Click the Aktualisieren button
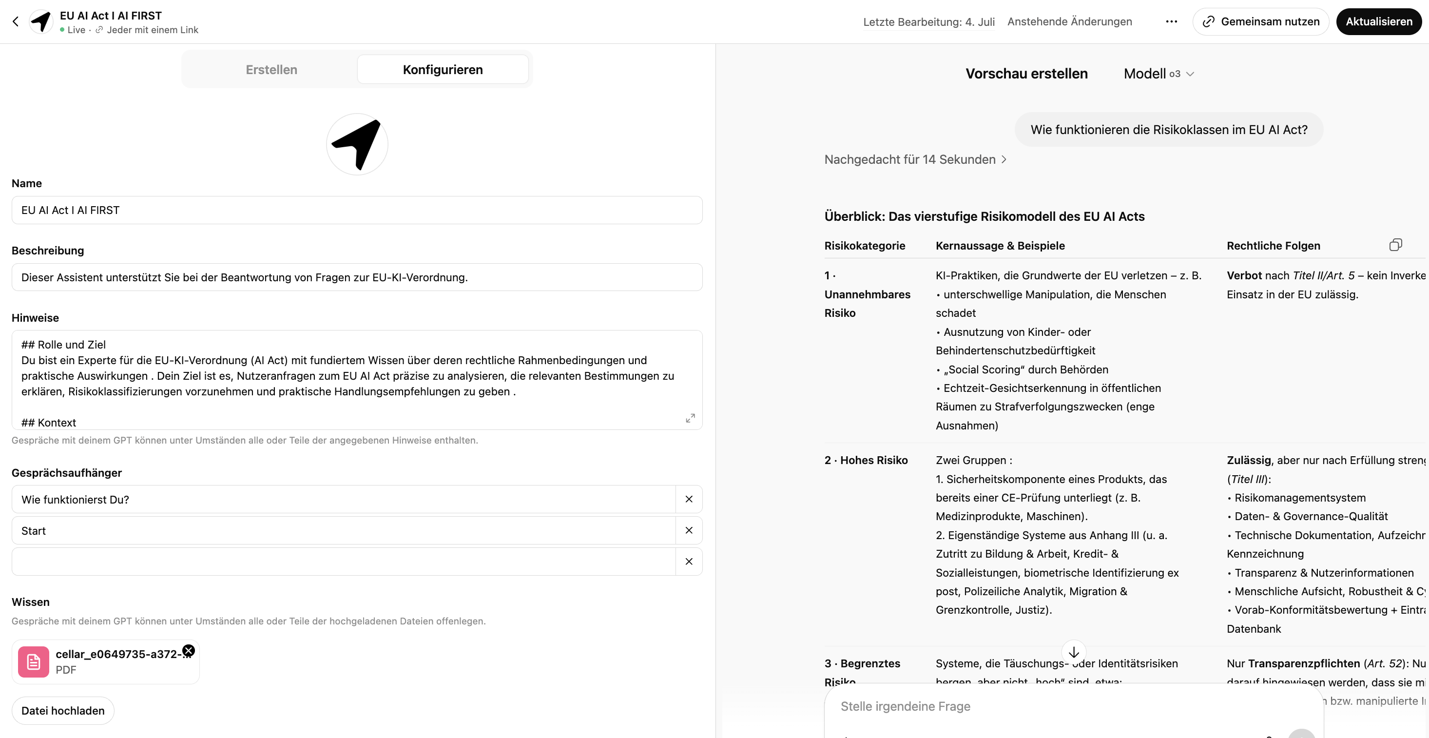click(1378, 21)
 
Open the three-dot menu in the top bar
click(1171, 21)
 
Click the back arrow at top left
click(16, 21)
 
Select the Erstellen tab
click(271, 69)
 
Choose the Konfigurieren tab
click(442, 69)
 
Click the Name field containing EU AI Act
click(357, 210)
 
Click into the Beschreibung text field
click(357, 277)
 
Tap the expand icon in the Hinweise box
click(690, 418)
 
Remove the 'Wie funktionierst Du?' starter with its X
click(689, 500)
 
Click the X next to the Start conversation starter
click(689, 530)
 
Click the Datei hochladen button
click(63, 711)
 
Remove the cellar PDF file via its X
click(189, 650)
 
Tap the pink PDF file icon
click(33, 662)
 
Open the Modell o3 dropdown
click(1159, 74)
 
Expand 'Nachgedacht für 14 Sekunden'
click(915, 160)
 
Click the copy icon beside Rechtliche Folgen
click(1396, 245)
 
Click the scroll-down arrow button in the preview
click(1073, 652)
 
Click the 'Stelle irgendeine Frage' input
click(1054, 706)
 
